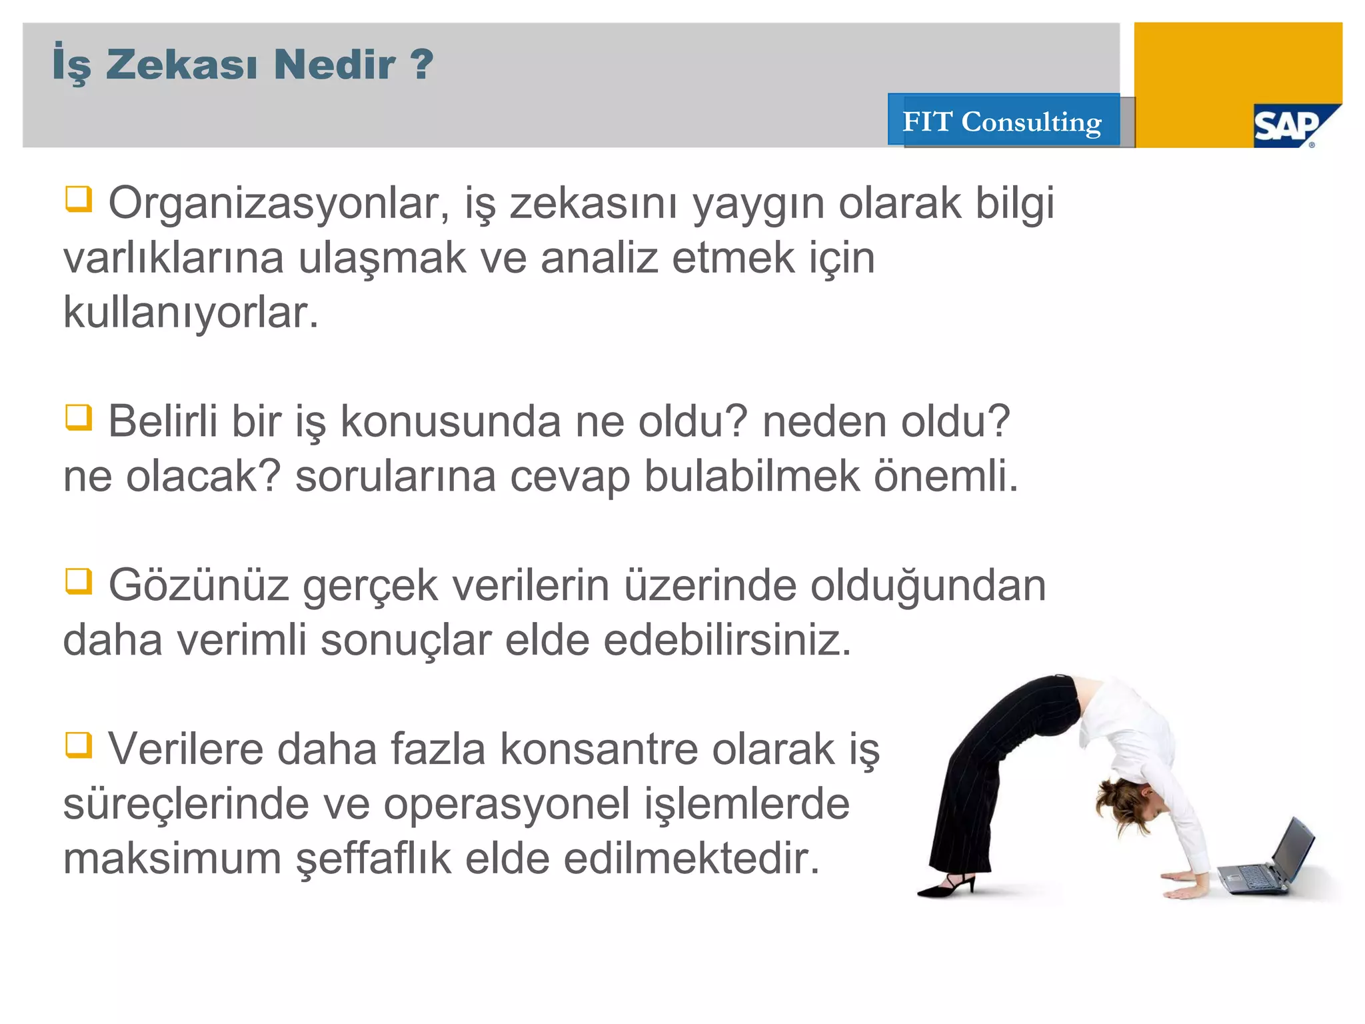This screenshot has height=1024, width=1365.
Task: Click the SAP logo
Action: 1290,125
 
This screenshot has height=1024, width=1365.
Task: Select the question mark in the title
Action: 421,64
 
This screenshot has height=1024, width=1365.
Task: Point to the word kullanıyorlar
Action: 191,313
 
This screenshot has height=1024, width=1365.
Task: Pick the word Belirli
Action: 163,422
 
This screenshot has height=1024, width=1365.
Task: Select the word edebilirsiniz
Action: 727,641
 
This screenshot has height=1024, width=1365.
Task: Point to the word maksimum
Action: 172,859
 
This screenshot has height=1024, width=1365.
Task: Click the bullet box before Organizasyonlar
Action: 78,199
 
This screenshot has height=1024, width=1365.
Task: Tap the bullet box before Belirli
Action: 78,417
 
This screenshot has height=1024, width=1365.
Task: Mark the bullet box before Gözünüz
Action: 78,581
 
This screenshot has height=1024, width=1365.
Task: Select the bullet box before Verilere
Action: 78,745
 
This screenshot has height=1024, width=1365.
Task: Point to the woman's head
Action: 1126,800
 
